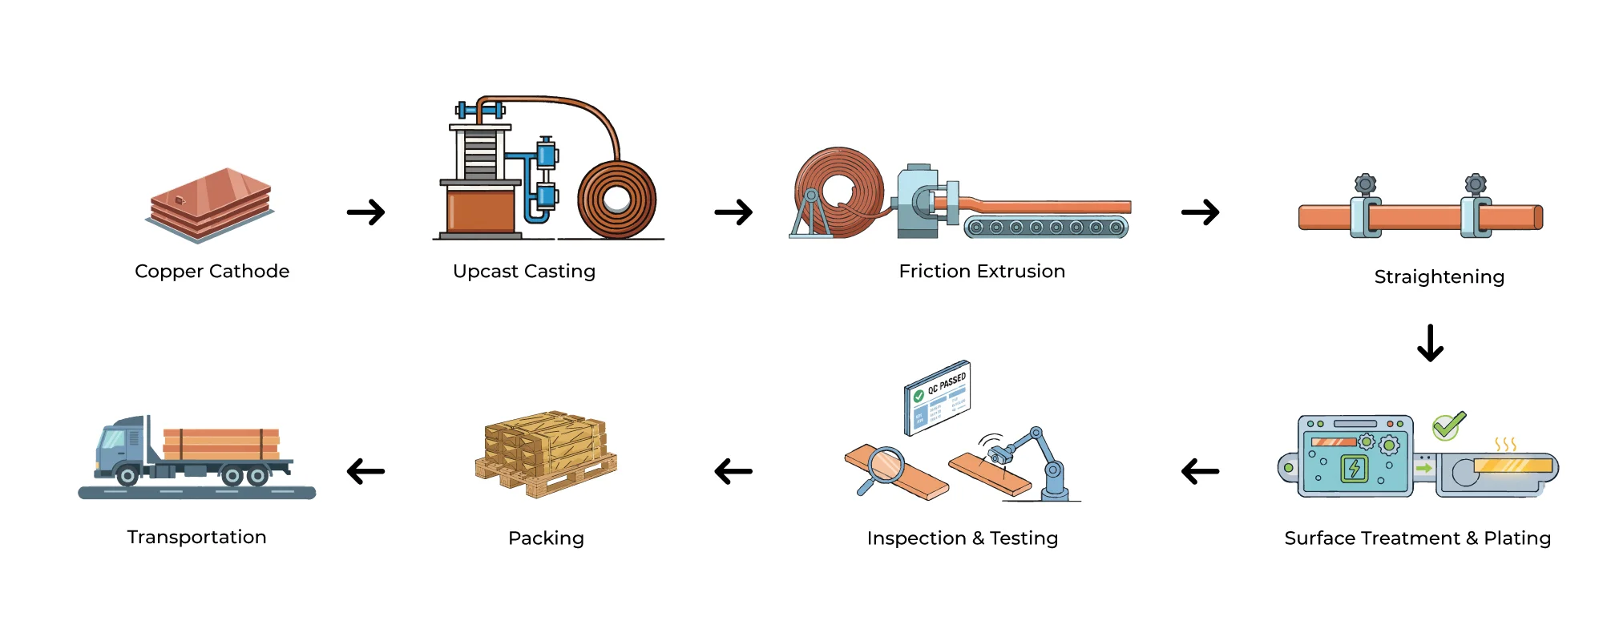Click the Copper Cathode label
pyautogui.click(x=212, y=272)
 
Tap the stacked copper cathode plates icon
pyautogui.click(x=211, y=204)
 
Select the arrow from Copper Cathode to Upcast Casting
pyautogui.click(x=366, y=212)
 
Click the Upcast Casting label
pyautogui.click(x=524, y=272)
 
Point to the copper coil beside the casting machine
pyautogui.click(x=616, y=200)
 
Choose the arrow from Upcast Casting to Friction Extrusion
pyautogui.click(x=733, y=212)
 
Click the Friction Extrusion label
pyautogui.click(x=982, y=272)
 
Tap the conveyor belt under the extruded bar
pyautogui.click(x=1046, y=228)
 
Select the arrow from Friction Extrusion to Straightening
pyautogui.click(x=1200, y=212)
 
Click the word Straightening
pyautogui.click(x=1439, y=277)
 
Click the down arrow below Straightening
pyautogui.click(x=1430, y=343)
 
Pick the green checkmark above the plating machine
pyautogui.click(x=1448, y=425)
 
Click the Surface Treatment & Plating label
pyautogui.click(x=1417, y=538)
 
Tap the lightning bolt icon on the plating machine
pyautogui.click(x=1355, y=468)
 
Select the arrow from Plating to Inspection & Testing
pyautogui.click(x=1200, y=471)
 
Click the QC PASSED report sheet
pyautogui.click(x=938, y=397)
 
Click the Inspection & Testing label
pyautogui.click(x=962, y=538)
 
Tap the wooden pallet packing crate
pyautogui.click(x=546, y=454)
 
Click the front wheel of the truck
pyautogui.click(x=127, y=476)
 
